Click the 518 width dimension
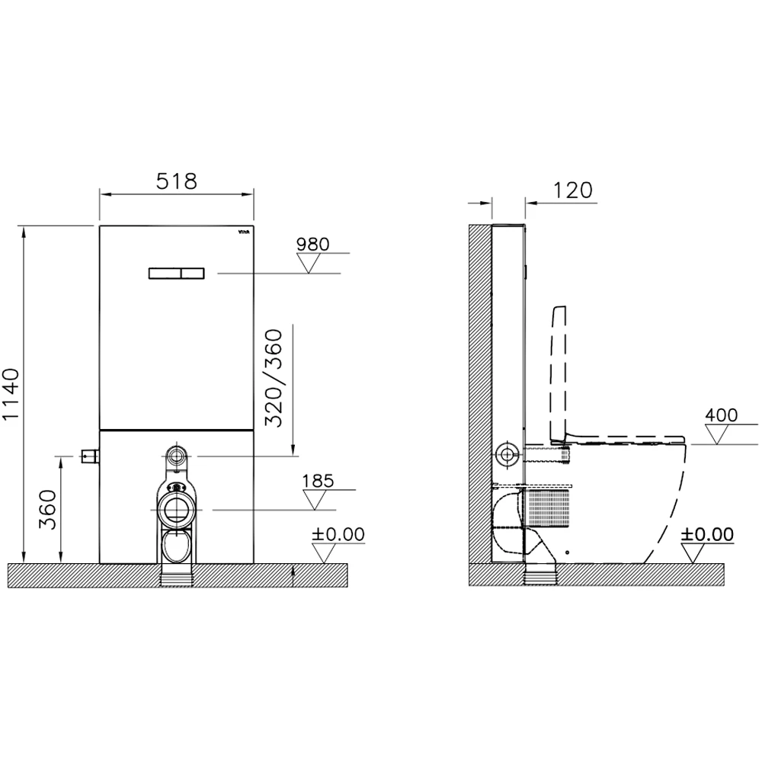[x=177, y=181]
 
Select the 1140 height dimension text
[x=11, y=394]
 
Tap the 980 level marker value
[x=313, y=244]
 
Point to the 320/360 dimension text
[x=274, y=378]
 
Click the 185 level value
[x=319, y=481]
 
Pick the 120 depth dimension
[x=572, y=190]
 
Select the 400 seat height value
[x=721, y=415]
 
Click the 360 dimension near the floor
[x=47, y=509]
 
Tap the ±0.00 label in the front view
[x=338, y=534]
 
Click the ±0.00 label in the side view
[x=707, y=534]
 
